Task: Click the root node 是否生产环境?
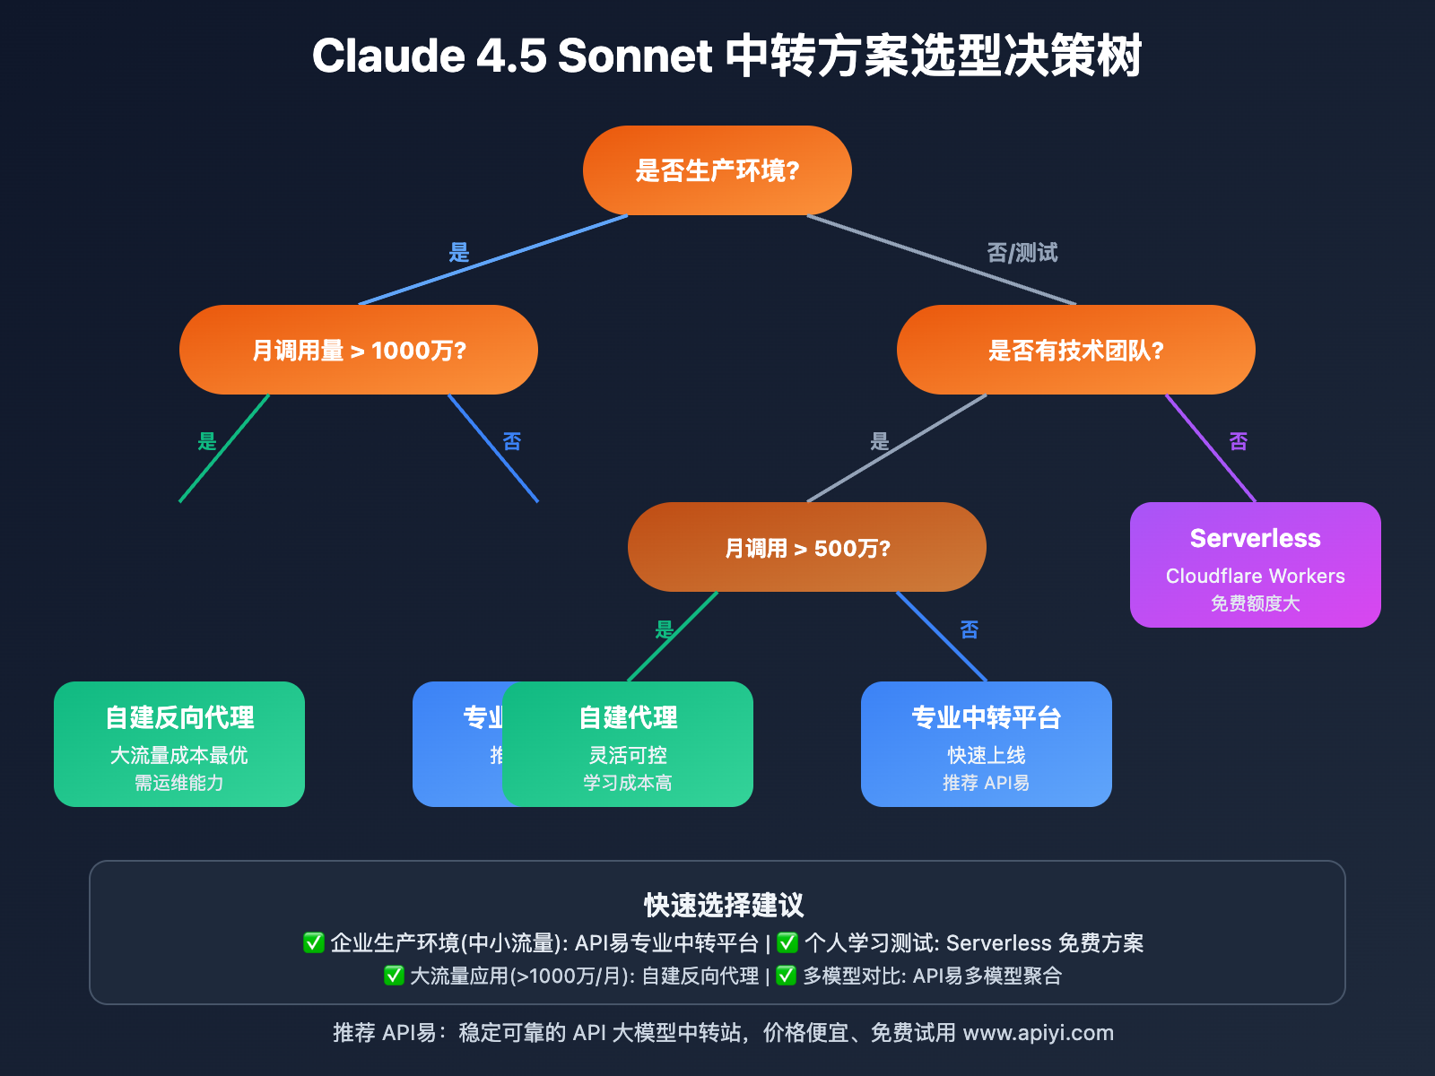tap(717, 170)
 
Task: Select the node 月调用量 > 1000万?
tap(359, 350)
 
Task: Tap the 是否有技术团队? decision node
tap(1076, 350)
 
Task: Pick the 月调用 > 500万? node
tap(807, 547)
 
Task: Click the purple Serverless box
tap(1256, 565)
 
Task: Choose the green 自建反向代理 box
tap(179, 744)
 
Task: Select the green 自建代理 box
tap(628, 744)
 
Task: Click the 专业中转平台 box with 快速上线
tap(987, 744)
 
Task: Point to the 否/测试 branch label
tap(1022, 253)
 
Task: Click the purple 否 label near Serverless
tap(1239, 441)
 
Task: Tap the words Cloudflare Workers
tap(1256, 576)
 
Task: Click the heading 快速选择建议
tap(724, 906)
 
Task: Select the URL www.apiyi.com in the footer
tap(1038, 1033)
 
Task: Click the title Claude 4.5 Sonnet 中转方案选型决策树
tap(726, 56)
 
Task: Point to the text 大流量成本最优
tap(179, 755)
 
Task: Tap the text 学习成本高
tap(628, 783)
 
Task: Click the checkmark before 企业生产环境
tap(313, 942)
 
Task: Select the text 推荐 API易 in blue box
tap(987, 783)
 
